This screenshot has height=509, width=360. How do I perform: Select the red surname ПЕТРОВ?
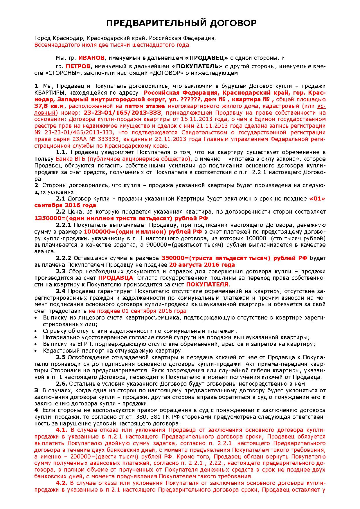[78, 66]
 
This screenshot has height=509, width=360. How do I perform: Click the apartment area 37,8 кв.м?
[49, 106]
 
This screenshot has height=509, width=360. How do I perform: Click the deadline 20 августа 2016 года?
[202, 265]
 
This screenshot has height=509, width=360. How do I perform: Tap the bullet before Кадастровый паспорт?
[36, 351]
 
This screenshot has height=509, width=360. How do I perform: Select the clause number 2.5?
[61, 357]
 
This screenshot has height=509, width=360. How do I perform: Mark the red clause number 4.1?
[61, 430]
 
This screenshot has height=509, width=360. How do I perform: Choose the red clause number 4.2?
[61, 483]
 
